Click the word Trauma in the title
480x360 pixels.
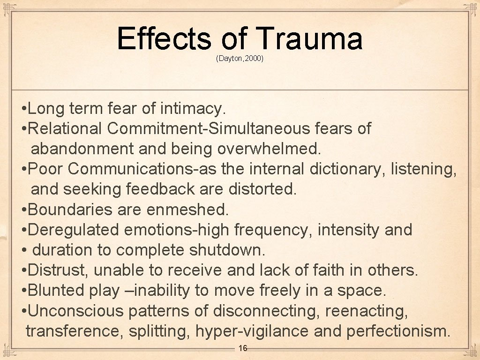click(309, 39)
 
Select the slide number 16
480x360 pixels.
click(243, 348)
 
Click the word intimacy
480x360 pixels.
click(193, 109)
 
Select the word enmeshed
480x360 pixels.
click(187, 210)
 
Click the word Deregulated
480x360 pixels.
click(75, 230)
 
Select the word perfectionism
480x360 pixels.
click(398, 331)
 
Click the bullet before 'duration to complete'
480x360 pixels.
click(24, 250)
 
